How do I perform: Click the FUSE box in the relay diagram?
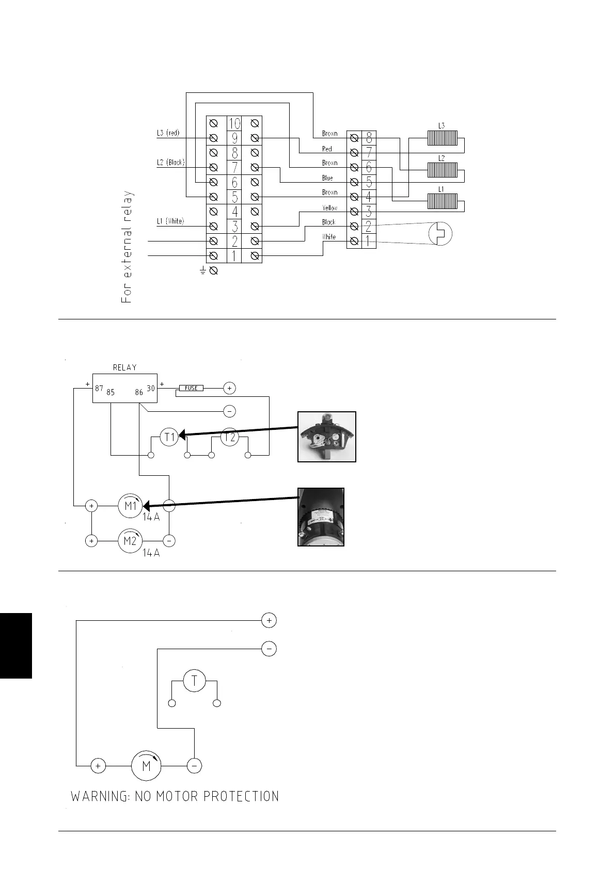191,388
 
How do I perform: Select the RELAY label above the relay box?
125,367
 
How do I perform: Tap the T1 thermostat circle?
169,438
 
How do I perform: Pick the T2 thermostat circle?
230,438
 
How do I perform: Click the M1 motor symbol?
131,506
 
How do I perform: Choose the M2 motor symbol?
130,541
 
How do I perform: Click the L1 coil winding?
442,201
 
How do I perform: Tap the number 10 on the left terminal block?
234,124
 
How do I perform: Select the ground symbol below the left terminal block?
203,270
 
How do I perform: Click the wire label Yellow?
330,208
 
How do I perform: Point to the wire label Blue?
327,178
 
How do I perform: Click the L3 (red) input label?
168,133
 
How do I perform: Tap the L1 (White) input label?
170,221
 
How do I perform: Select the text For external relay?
127,247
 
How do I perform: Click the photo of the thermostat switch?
327,437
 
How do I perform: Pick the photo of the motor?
321,517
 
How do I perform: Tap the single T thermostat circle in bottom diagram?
194,681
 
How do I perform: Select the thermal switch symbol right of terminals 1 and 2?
440,234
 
